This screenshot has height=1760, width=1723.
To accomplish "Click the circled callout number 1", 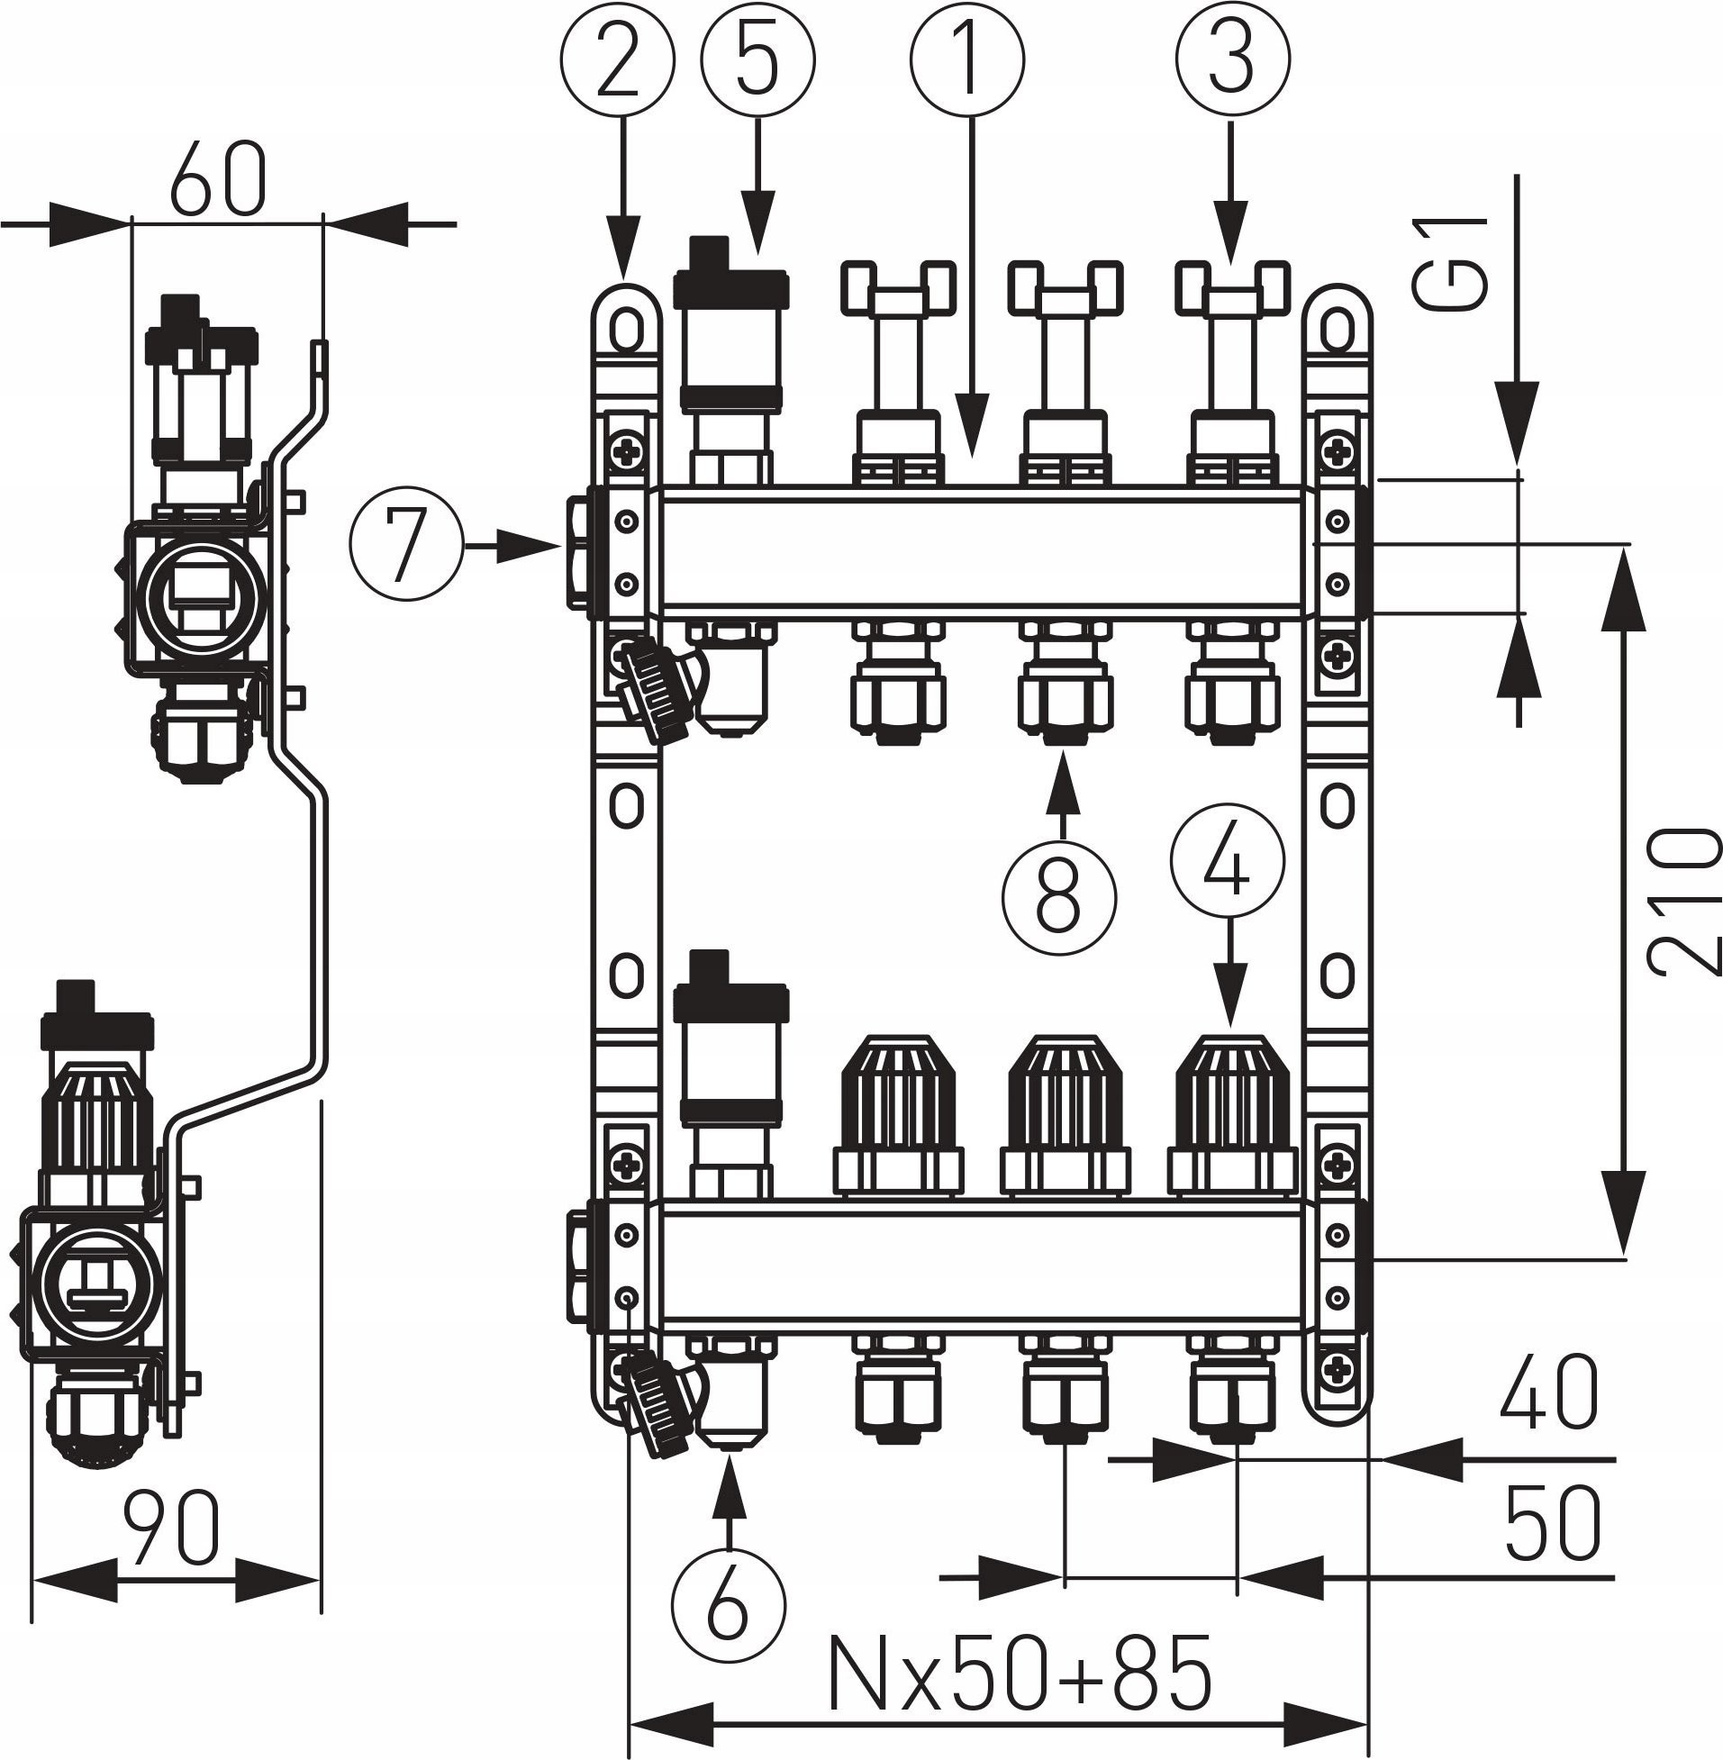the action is pyautogui.click(x=967, y=59).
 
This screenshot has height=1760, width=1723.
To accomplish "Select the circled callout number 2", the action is pyautogui.click(x=618, y=59).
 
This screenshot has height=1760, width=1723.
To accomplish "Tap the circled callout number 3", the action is pyautogui.click(x=1231, y=59).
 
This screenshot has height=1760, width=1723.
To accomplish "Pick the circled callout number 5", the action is pyautogui.click(x=757, y=59).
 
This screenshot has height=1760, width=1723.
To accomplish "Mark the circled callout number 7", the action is pyautogui.click(x=406, y=546).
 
